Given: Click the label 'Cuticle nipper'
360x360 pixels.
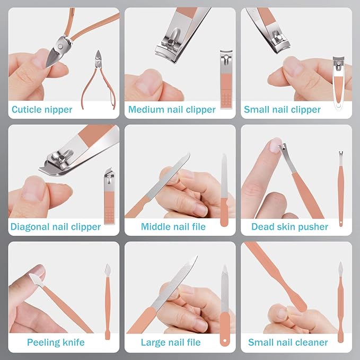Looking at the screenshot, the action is click(x=42, y=110).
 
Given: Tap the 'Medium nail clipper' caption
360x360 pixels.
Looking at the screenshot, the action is click(x=172, y=110).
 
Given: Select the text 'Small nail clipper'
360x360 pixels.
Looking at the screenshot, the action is click(x=282, y=110).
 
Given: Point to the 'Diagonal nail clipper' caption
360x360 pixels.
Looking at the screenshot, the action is click(x=56, y=227).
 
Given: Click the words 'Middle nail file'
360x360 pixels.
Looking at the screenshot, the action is click(x=173, y=226).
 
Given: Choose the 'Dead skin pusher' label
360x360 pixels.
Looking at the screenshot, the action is click(x=289, y=227).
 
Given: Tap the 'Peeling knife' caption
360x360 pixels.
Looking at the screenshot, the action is click(x=56, y=343).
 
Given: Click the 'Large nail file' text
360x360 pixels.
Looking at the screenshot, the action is click(x=171, y=343).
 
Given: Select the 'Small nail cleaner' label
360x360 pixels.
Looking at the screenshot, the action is click(x=288, y=343).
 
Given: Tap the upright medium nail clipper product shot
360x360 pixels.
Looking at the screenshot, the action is click(x=226, y=79).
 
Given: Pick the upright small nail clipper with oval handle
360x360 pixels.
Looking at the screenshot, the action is click(x=338, y=83).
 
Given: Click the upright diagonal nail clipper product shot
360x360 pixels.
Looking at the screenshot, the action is click(x=109, y=196).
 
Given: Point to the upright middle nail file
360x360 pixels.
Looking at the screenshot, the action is click(x=224, y=190).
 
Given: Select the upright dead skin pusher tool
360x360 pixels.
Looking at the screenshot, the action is click(x=341, y=188).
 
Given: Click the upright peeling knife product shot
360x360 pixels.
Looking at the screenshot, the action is click(x=108, y=302).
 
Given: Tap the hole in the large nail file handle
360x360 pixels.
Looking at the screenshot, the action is click(x=225, y=341).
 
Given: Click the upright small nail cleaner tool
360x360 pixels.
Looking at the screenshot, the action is click(x=341, y=302).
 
